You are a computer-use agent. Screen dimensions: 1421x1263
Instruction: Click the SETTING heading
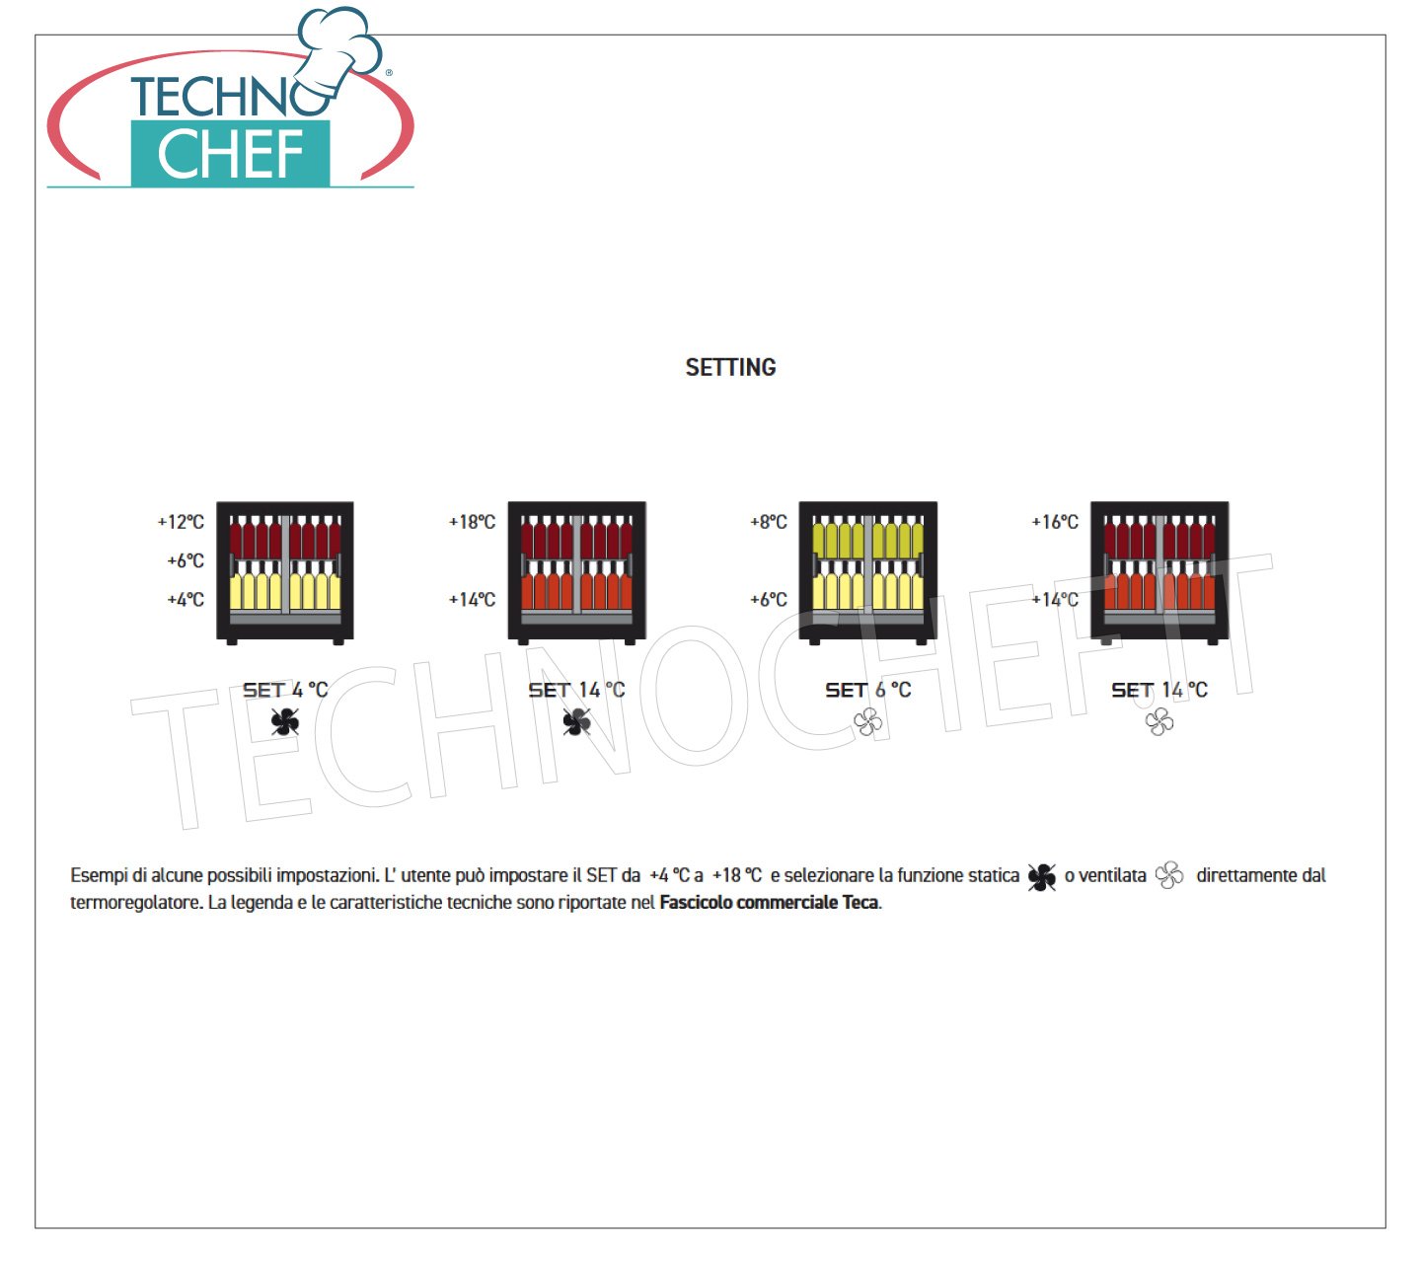[x=730, y=367]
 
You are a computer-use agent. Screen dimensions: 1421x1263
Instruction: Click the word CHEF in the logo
[x=230, y=154]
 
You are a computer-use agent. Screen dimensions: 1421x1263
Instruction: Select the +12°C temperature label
[x=181, y=522]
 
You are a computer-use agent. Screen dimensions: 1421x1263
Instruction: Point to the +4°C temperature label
[x=186, y=600]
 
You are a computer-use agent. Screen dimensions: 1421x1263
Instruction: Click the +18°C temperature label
[x=472, y=522]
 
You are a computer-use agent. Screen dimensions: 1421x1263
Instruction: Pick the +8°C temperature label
[x=768, y=522]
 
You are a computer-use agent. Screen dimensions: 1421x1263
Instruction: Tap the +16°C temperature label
[x=1054, y=522]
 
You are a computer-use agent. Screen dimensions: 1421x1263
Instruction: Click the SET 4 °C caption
[x=285, y=690]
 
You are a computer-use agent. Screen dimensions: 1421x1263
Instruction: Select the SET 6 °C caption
[x=867, y=690]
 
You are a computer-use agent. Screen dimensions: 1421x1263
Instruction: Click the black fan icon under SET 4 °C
[x=285, y=721]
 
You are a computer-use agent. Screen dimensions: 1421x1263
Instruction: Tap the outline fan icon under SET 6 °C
[x=867, y=721]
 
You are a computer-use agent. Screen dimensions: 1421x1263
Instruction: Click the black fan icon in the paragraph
[x=1041, y=876]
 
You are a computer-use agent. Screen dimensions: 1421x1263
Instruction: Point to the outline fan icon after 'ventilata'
[x=1168, y=875]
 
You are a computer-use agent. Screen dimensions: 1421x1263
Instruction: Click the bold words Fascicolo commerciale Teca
[x=769, y=903]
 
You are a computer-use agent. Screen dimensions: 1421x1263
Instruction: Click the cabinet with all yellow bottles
[x=867, y=573]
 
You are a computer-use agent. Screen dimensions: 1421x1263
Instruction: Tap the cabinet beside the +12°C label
[x=285, y=573]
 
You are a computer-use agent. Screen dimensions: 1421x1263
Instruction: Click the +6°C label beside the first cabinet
[x=186, y=561]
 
